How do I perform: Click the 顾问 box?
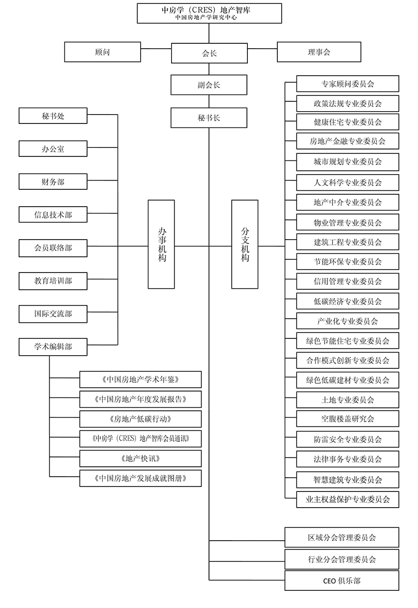click(102, 52)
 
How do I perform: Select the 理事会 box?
click(319, 52)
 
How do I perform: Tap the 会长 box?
click(209, 53)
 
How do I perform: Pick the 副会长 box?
click(209, 85)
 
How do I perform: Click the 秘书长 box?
click(209, 118)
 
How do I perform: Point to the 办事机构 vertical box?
click(161, 244)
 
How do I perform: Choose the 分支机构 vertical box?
click(245, 244)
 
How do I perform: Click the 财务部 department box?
click(53, 182)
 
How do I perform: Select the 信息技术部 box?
click(53, 214)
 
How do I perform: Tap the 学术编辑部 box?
click(53, 347)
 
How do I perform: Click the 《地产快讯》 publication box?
click(140, 458)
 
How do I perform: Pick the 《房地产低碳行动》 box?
click(140, 419)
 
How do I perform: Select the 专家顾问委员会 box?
click(348, 84)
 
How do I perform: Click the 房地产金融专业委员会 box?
click(348, 141)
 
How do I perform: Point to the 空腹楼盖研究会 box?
click(348, 419)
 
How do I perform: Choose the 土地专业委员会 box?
click(348, 399)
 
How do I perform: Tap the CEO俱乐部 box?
click(342, 580)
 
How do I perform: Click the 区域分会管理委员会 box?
click(342, 538)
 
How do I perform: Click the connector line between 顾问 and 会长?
click(156, 49)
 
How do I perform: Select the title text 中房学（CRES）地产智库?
click(206, 10)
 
